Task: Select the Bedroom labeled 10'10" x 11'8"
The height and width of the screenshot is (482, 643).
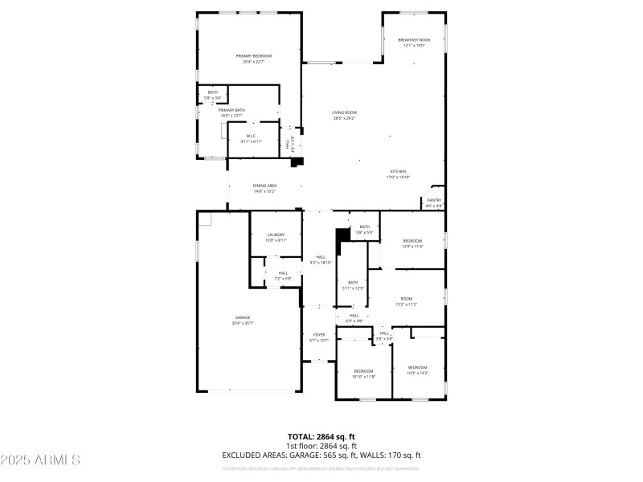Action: [x=364, y=373]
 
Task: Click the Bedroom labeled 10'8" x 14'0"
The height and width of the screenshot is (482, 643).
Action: [x=417, y=370]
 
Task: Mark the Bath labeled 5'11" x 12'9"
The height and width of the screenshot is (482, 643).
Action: [x=353, y=284]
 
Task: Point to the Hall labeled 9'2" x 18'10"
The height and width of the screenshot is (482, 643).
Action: [x=320, y=259]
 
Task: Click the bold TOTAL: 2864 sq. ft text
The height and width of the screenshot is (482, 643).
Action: [x=321, y=436]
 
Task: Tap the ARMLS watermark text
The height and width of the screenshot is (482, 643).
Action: [x=40, y=460]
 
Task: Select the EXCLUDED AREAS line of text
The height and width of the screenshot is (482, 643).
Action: [x=321, y=455]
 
